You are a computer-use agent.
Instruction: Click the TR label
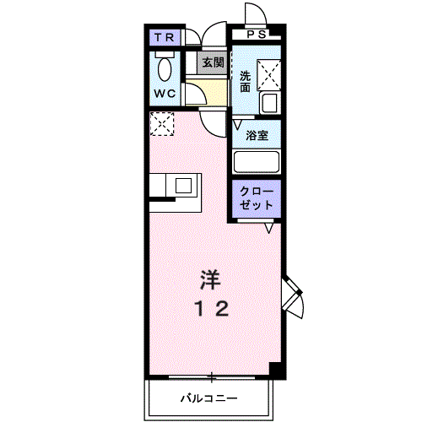[x=165, y=37]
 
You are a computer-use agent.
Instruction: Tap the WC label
[x=165, y=94]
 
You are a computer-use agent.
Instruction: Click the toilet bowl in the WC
[x=165, y=68]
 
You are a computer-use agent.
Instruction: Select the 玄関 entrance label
[x=214, y=62]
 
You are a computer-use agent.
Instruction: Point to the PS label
[x=257, y=35]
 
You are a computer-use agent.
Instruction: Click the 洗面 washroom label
[x=245, y=82]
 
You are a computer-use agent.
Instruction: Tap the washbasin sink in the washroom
[x=270, y=103]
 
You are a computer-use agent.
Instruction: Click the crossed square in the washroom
[x=269, y=75]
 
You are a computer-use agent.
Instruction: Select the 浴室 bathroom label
[x=257, y=136]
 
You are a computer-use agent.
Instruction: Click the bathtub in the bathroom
[x=257, y=162]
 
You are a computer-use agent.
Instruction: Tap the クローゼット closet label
[x=257, y=198]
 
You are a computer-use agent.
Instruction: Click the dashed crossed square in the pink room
[x=162, y=124]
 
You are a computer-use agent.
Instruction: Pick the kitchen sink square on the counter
[x=184, y=186]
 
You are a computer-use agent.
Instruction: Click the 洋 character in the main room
[x=210, y=280]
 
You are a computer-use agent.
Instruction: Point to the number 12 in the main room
[x=212, y=309]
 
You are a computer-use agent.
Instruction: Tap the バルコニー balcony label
[x=209, y=398]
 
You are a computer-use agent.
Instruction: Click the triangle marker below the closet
[x=269, y=228]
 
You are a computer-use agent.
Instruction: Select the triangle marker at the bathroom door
[x=237, y=125]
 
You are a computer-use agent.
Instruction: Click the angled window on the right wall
[x=293, y=297]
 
